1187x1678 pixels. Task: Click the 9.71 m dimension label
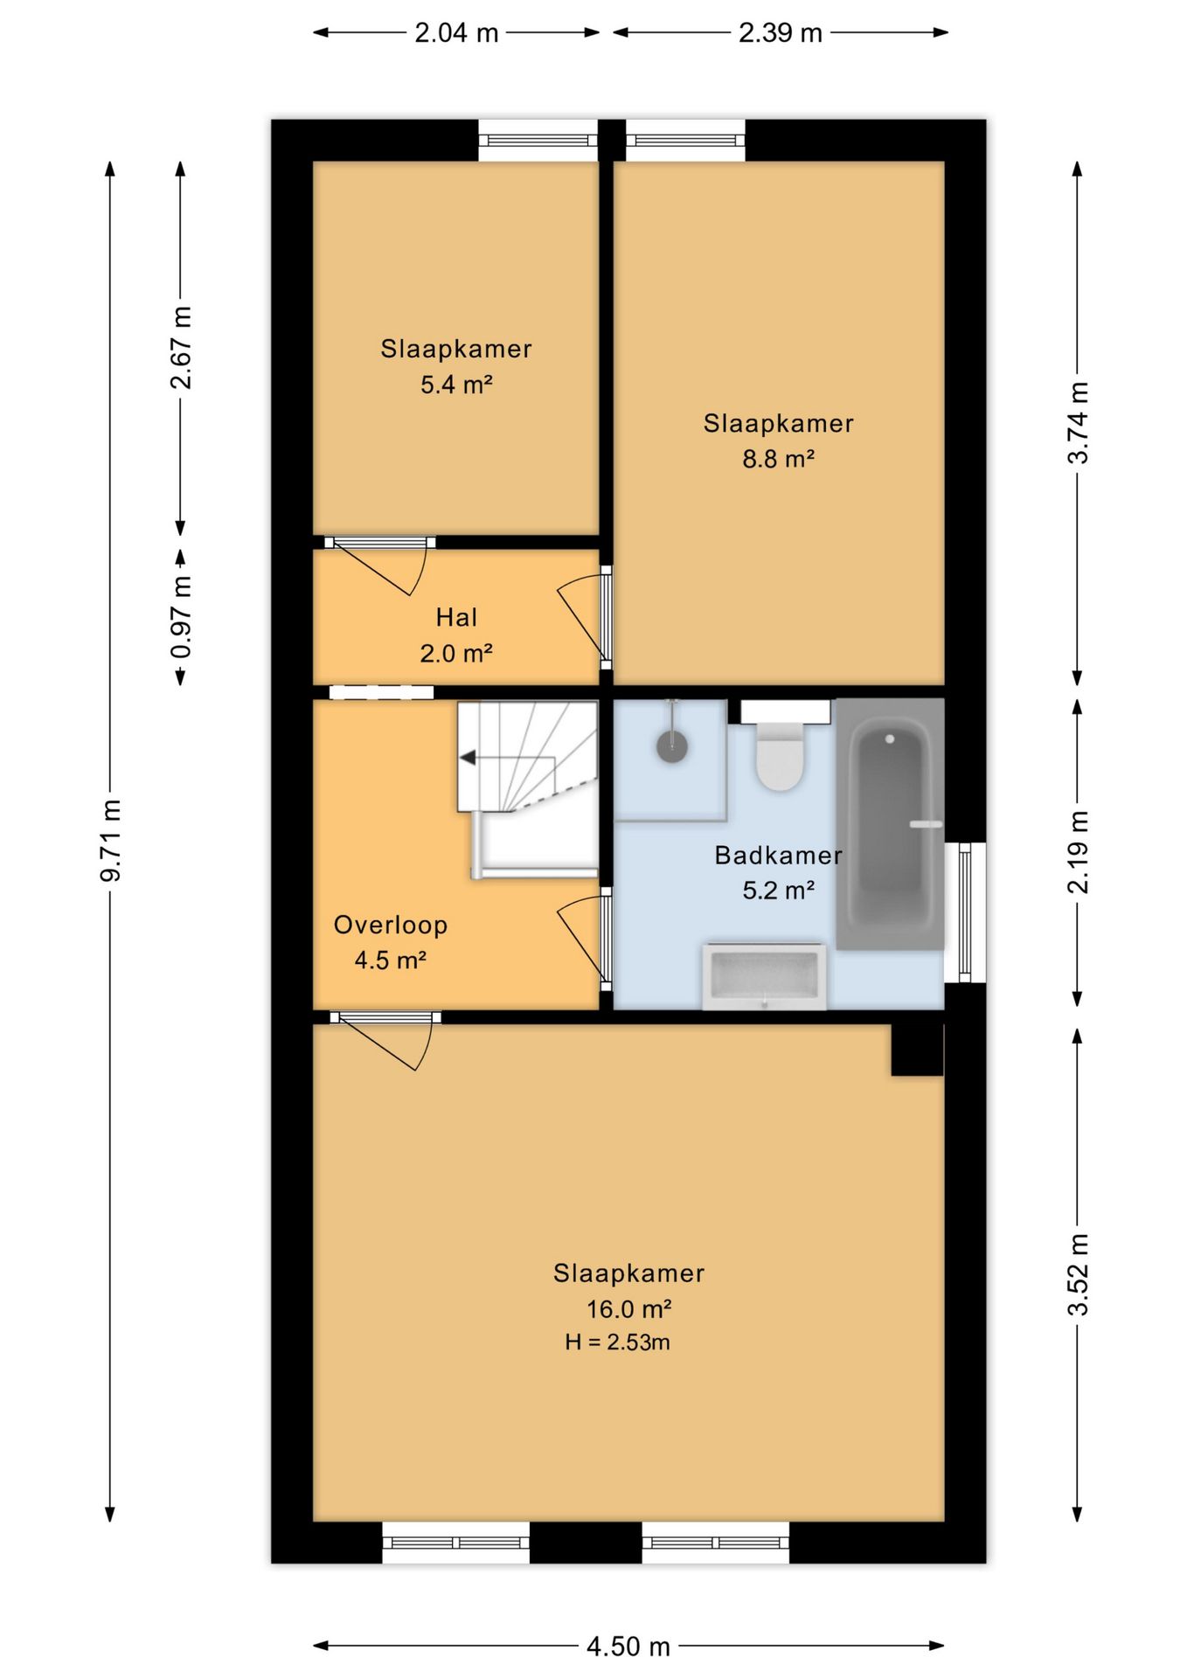(111, 839)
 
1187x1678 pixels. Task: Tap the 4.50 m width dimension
(628, 1647)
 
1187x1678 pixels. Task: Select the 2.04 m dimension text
(456, 33)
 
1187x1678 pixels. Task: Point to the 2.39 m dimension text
(780, 33)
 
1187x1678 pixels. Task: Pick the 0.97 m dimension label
(181, 616)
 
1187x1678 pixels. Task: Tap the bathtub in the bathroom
(890, 823)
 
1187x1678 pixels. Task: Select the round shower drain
(671, 747)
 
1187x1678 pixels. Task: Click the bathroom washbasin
(765, 976)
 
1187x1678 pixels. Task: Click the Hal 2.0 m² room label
(456, 634)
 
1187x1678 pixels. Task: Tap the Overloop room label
(391, 925)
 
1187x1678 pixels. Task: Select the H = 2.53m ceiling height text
(617, 1342)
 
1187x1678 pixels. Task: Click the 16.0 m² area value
(628, 1308)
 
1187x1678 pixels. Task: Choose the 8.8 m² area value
(779, 458)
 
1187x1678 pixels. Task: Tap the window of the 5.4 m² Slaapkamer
(538, 140)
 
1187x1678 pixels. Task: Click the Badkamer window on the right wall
(965, 912)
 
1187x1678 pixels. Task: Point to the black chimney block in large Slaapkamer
(917, 1049)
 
